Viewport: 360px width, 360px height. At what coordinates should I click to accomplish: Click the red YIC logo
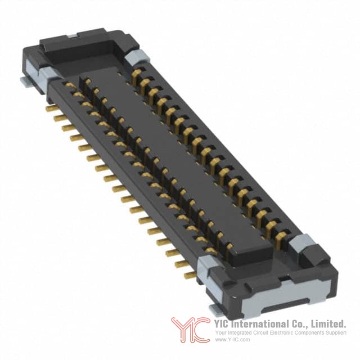pos(190,330)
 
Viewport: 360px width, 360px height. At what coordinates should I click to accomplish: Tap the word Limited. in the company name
pos(328,324)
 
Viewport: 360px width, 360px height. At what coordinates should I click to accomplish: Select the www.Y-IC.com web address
pos(232,340)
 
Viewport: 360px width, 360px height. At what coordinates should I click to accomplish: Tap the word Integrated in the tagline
pos(239,332)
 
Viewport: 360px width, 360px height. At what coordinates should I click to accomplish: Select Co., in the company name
pos(299,325)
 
